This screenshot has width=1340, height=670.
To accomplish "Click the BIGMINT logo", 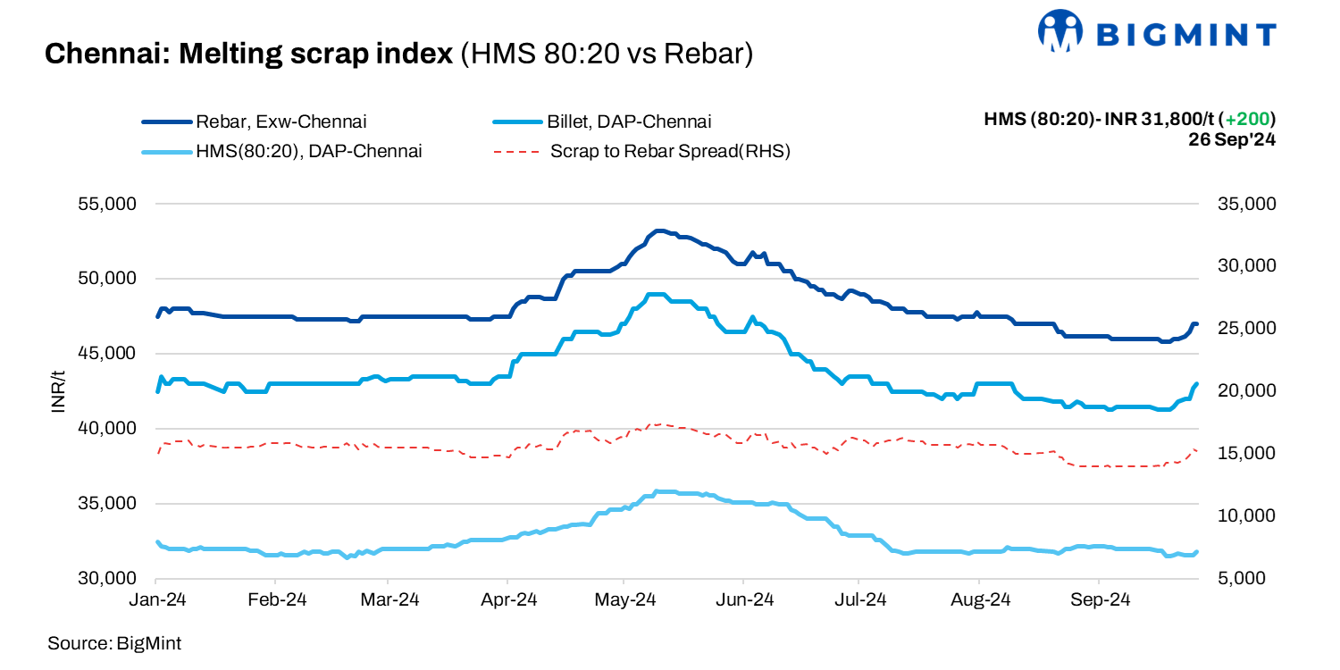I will [1156, 33].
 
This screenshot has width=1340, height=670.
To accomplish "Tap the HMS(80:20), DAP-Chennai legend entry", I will [308, 151].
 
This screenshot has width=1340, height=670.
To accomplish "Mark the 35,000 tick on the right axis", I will [1246, 204].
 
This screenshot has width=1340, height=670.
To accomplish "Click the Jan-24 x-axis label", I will [157, 599].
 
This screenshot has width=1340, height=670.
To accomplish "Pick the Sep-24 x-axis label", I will [1098, 599].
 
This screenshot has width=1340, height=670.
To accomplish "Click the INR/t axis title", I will [59, 391].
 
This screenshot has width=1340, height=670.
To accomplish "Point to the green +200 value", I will [1250, 119].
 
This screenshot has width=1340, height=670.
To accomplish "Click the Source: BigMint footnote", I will [114, 643].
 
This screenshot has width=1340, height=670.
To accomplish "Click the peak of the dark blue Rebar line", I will [658, 231].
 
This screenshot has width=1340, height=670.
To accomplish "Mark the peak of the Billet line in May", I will [657, 294].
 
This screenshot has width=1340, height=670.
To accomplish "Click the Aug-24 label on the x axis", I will [980, 599].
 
